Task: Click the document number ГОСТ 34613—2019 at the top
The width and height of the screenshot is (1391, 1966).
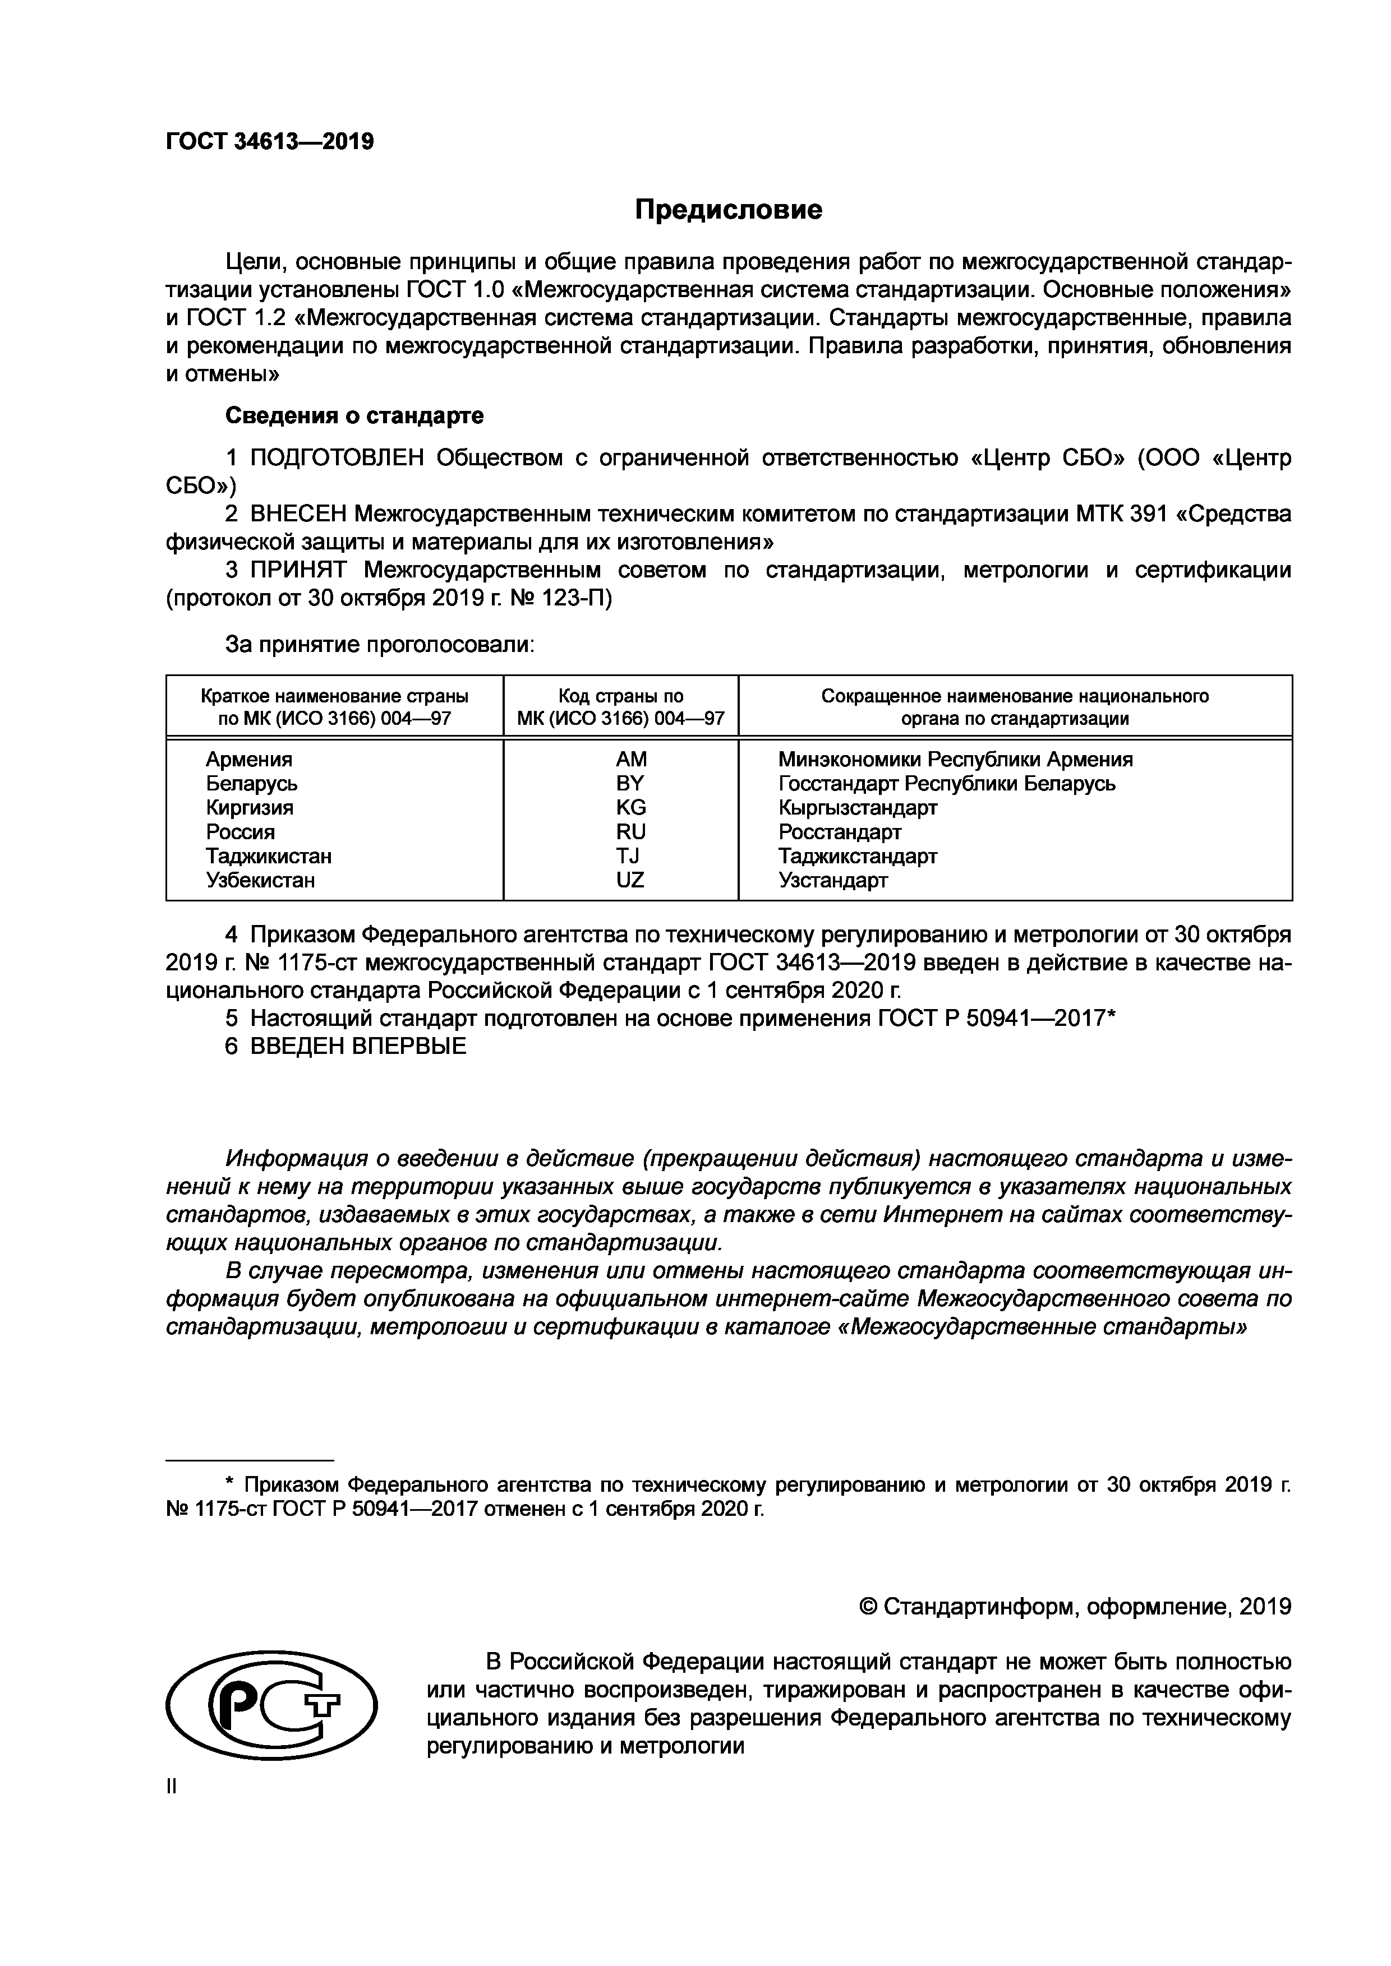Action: pyautogui.click(x=270, y=141)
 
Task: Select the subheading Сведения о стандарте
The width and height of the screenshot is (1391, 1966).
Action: pyautogui.click(x=354, y=416)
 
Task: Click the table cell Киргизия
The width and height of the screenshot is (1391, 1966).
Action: pyautogui.click(x=249, y=807)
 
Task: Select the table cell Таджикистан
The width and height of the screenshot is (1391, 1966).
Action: pyautogui.click(x=268, y=856)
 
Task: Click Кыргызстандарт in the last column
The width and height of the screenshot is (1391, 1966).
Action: pyautogui.click(x=858, y=807)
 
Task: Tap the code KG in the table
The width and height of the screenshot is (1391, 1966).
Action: pyautogui.click(x=630, y=807)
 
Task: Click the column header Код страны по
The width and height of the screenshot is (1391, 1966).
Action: pyautogui.click(x=621, y=696)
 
